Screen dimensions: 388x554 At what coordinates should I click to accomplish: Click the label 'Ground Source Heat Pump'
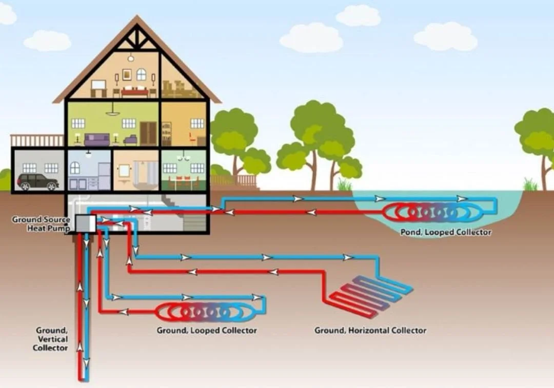(x=41, y=223)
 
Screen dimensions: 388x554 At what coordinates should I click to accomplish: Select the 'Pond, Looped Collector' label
(x=445, y=232)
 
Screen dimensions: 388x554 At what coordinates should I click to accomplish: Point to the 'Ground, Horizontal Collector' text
(x=370, y=331)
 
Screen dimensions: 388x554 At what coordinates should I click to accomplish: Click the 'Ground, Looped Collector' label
(x=206, y=331)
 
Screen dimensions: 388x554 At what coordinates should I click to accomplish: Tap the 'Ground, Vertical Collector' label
(x=51, y=339)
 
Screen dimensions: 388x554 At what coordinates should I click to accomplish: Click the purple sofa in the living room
(x=97, y=139)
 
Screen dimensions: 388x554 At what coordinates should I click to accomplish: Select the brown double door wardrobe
(x=148, y=133)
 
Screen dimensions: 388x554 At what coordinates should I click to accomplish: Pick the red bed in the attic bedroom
(x=135, y=92)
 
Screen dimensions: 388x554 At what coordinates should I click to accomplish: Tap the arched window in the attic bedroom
(x=141, y=74)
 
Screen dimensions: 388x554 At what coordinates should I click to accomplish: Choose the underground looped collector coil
(x=203, y=312)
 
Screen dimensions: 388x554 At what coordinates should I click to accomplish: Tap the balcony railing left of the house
(x=36, y=140)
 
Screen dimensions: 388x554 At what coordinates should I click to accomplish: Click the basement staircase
(x=190, y=215)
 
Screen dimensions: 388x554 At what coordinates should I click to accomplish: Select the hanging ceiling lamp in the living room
(x=113, y=111)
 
